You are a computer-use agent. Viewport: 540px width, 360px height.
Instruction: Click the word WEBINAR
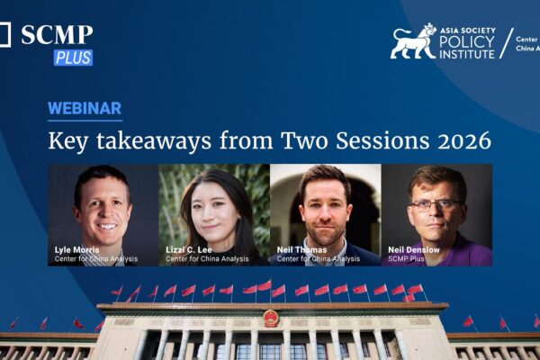tap(85, 109)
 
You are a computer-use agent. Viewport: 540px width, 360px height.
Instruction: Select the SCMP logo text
tap(56, 35)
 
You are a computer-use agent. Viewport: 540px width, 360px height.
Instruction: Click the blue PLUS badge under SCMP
tap(73, 58)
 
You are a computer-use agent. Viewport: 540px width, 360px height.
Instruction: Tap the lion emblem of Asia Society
tap(413, 41)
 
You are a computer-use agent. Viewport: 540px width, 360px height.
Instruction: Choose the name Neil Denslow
tap(413, 250)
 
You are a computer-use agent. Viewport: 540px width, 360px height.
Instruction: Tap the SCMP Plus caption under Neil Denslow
tap(408, 259)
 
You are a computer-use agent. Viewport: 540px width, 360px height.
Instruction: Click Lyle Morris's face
tap(102, 206)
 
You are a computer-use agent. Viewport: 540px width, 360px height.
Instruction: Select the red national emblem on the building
tap(271, 318)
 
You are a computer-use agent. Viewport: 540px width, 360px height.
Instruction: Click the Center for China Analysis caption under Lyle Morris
tap(93, 259)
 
